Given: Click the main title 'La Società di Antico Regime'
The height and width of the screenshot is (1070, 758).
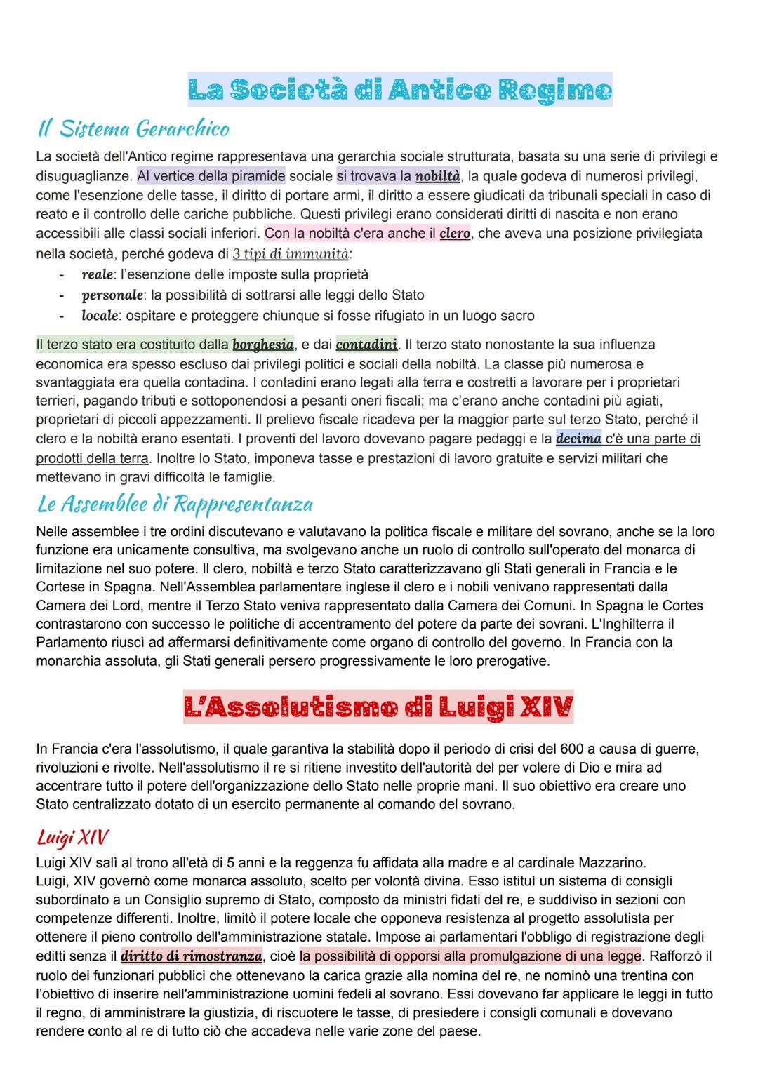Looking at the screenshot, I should (399, 90).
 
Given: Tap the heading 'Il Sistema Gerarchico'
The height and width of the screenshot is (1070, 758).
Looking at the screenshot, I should (133, 129).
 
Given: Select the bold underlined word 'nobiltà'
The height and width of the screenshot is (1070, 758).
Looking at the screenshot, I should (437, 175).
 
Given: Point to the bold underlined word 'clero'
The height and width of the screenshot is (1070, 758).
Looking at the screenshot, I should (455, 233).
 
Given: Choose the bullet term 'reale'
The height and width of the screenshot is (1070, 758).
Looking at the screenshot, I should (97, 274).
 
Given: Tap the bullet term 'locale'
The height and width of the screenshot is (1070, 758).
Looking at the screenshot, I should (99, 316).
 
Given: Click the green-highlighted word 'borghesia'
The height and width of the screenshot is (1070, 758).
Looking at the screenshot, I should (263, 345).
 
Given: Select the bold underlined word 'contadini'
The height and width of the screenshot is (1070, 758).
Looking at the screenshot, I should (366, 345).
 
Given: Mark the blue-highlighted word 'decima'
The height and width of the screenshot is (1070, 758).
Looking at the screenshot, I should (578, 439).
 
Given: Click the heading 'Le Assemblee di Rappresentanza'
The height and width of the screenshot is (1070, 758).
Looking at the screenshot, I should (174, 504).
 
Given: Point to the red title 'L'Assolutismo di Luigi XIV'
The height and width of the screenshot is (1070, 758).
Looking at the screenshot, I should (378, 707).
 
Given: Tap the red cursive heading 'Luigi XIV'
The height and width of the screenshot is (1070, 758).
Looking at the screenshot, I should (72, 837).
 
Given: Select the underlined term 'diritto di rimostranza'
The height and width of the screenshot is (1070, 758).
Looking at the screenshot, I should (192, 956).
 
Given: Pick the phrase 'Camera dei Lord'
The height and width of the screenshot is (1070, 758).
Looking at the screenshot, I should (81, 586).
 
